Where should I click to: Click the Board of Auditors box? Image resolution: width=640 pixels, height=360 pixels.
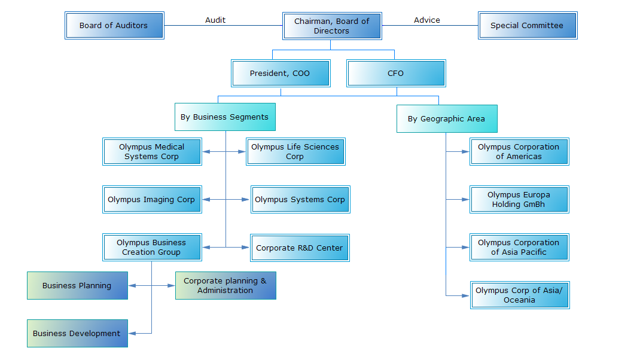pyautogui.click(x=114, y=26)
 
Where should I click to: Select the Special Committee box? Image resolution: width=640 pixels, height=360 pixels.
pyautogui.click(x=527, y=26)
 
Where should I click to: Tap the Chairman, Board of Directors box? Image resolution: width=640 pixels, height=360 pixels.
pyautogui.click(x=332, y=26)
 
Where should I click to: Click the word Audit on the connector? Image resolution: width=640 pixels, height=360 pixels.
pyautogui.click(x=215, y=20)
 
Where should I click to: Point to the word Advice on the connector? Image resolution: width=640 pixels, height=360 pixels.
pyautogui.click(x=426, y=20)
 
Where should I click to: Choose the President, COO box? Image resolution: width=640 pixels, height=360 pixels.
pyautogui.click(x=280, y=73)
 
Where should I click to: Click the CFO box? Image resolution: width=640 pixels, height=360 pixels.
pyautogui.click(x=396, y=73)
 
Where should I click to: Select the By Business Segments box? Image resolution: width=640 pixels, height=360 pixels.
pyautogui.click(x=225, y=117)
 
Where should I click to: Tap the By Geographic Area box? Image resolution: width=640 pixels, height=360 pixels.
pyautogui.click(x=447, y=118)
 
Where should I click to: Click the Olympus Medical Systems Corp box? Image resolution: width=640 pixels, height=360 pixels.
pyautogui.click(x=152, y=151)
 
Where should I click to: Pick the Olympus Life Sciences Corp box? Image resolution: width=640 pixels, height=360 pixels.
pyautogui.click(x=295, y=151)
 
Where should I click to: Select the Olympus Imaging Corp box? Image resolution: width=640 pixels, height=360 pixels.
pyautogui.click(x=152, y=199)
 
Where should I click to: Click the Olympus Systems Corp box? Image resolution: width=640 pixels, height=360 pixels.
pyautogui.click(x=300, y=199)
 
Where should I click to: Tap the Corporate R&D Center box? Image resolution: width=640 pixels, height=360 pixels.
pyautogui.click(x=300, y=248)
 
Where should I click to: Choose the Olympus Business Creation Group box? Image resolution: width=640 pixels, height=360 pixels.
pyautogui.click(x=152, y=247)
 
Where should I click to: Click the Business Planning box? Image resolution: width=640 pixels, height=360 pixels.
pyautogui.click(x=77, y=285)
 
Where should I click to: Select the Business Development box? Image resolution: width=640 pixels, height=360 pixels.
pyautogui.click(x=77, y=333)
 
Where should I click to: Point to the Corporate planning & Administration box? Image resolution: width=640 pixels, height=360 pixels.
pyautogui.click(x=225, y=285)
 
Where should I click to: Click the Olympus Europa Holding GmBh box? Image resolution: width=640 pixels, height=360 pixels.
pyautogui.click(x=519, y=199)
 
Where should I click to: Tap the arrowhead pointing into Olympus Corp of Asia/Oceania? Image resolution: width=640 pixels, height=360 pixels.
pyautogui.click(x=467, y=295)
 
